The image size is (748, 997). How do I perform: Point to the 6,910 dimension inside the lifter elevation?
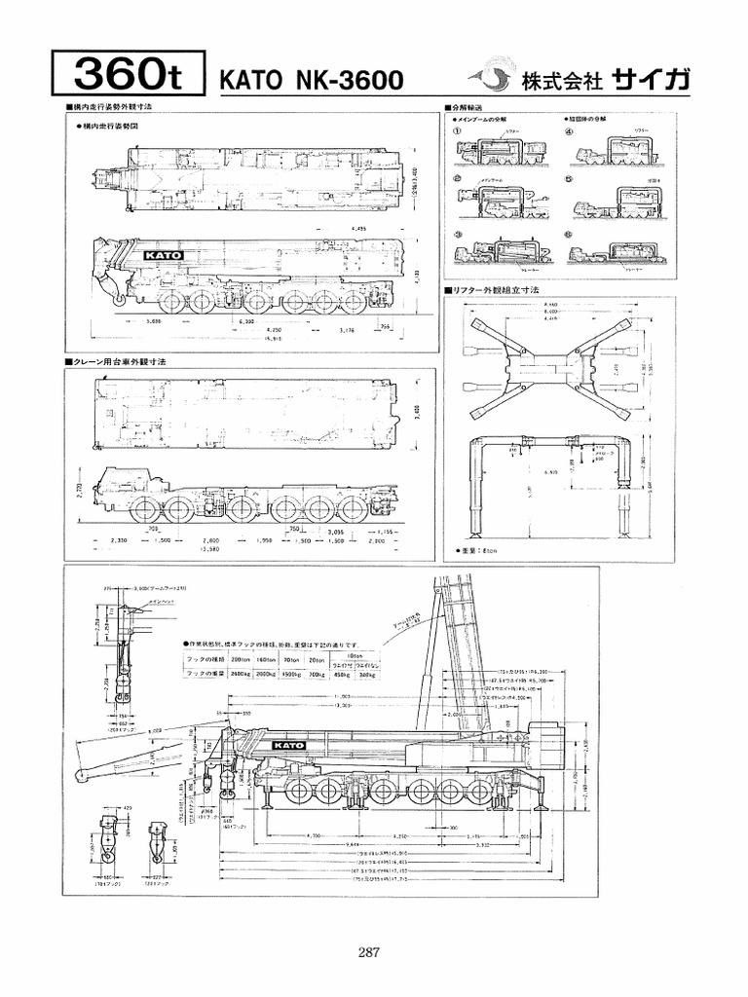[553, 469]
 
